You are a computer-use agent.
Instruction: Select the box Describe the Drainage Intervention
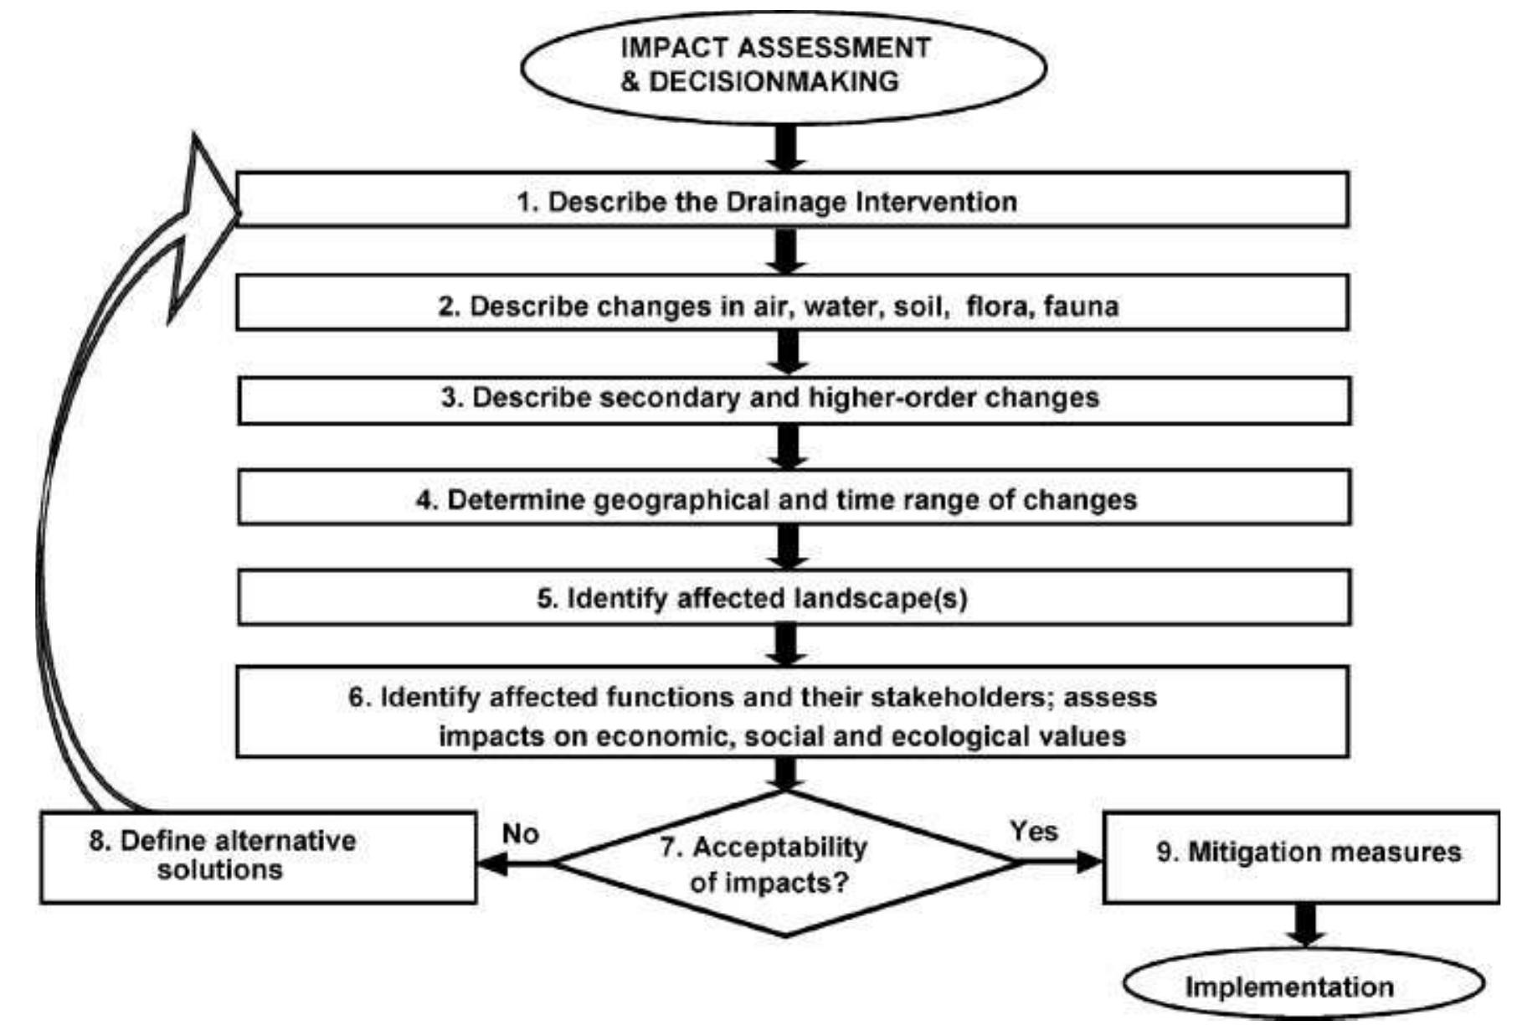[792, 201]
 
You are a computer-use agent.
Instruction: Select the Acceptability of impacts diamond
[784, 863]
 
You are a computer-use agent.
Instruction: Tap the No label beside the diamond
[520, 834]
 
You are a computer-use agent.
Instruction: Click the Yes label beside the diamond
[1033, 831]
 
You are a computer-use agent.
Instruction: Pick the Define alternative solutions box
[258, 857]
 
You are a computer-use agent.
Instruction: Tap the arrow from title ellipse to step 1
[786, 148]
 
